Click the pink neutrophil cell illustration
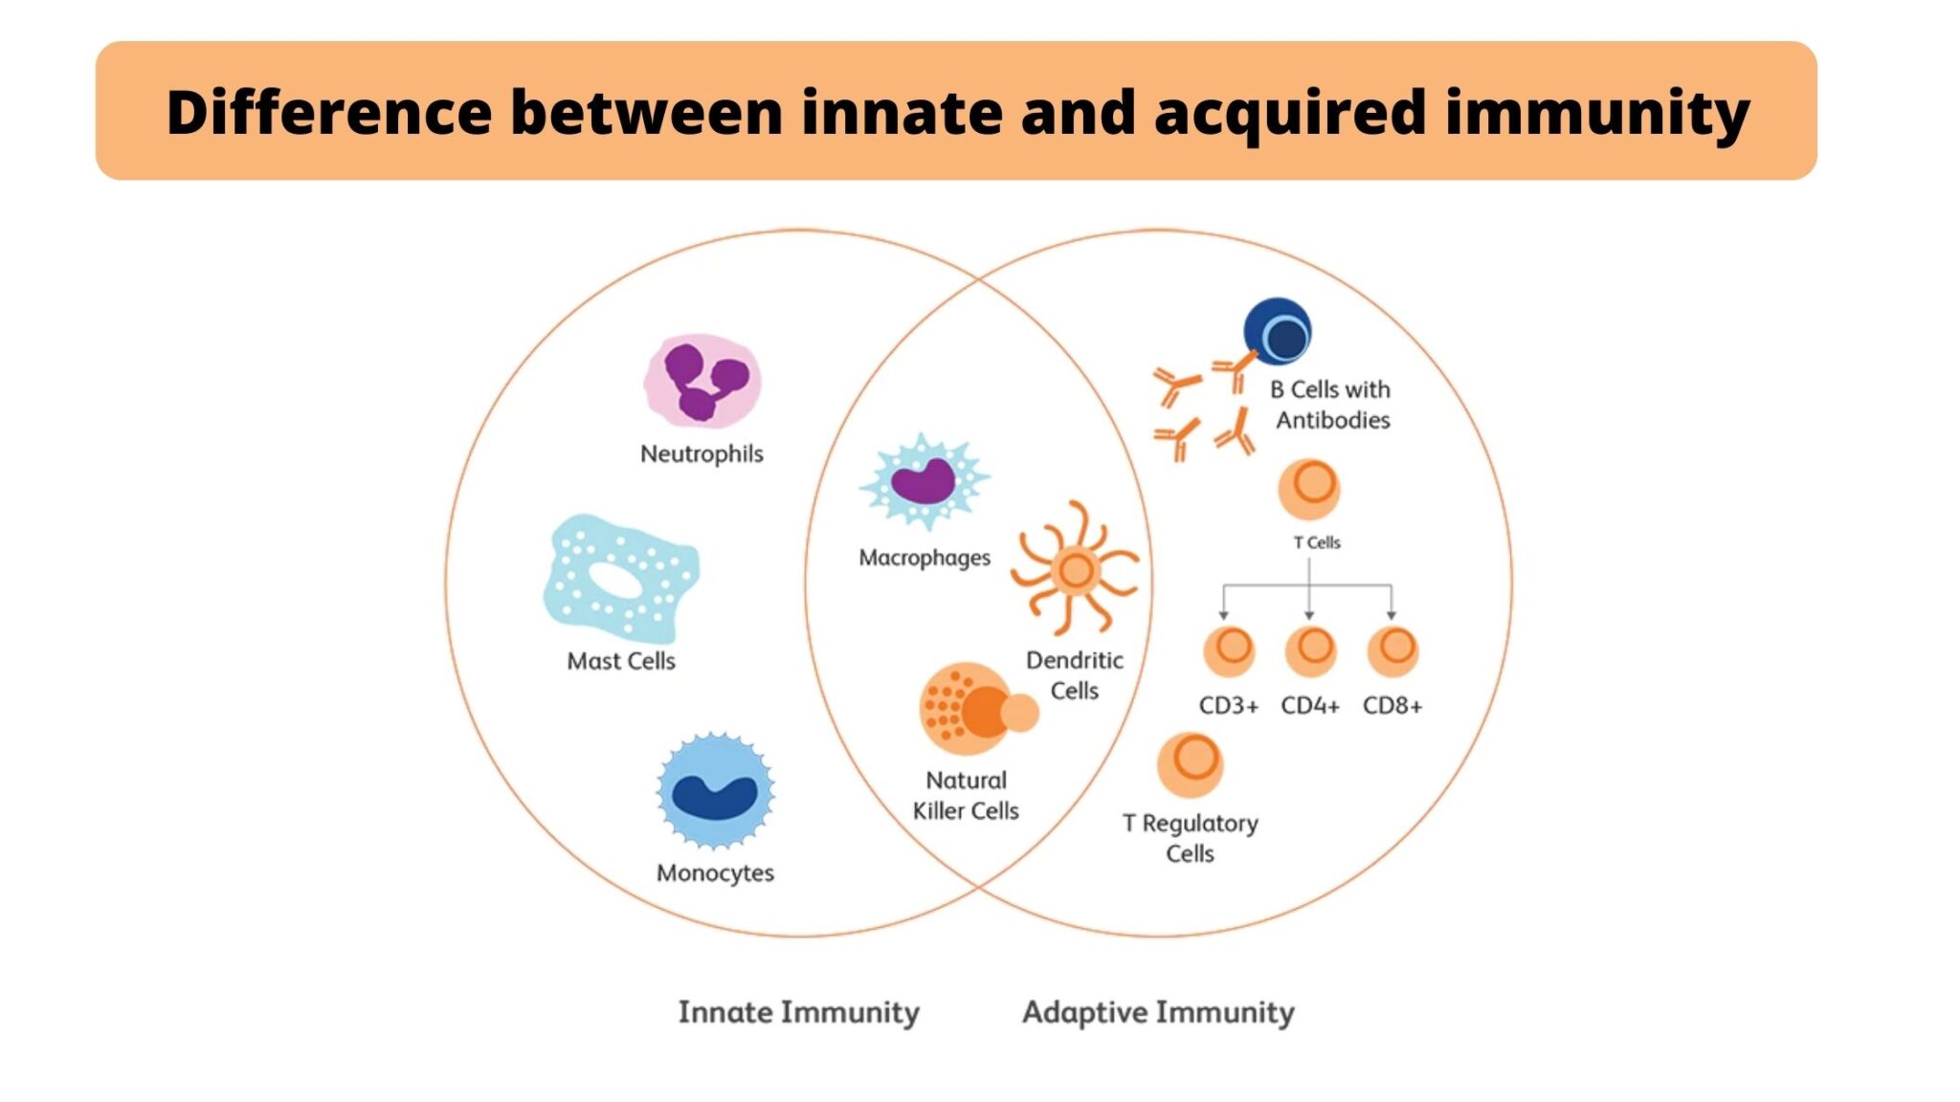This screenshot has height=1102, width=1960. click(x=702, y=380)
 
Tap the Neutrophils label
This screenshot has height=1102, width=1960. click(x=702, y=453)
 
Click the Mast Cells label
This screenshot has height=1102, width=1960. click(x=621, y=661)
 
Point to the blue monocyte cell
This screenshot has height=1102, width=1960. click(x=715, y=791)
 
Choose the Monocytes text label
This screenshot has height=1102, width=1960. click(x=715, y=872)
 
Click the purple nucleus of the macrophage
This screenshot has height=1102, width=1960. click(x=923, y=480)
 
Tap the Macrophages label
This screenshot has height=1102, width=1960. click(x=924, y=557)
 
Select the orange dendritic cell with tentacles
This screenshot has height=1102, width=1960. click(x=1076, y=569)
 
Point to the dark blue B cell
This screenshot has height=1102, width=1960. click(x=1278, y=332)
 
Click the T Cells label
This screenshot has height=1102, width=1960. click(x=1317, y=542)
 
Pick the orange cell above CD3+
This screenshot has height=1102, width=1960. click(x=1229, y=650)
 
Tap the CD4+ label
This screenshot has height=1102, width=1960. click(x=1310, y=706)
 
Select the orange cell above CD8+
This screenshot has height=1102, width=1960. click(x=1392, y=650)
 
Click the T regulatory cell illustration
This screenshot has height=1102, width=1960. click(x=1191, y=764)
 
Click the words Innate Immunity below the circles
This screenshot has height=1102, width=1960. click(x=799, y=1012)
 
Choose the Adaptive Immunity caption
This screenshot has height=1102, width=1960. click(x=1158, y=1012)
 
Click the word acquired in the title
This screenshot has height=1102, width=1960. click(x=1291, y=113)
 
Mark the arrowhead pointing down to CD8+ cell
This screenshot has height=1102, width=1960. click(x=1392, y=614)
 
